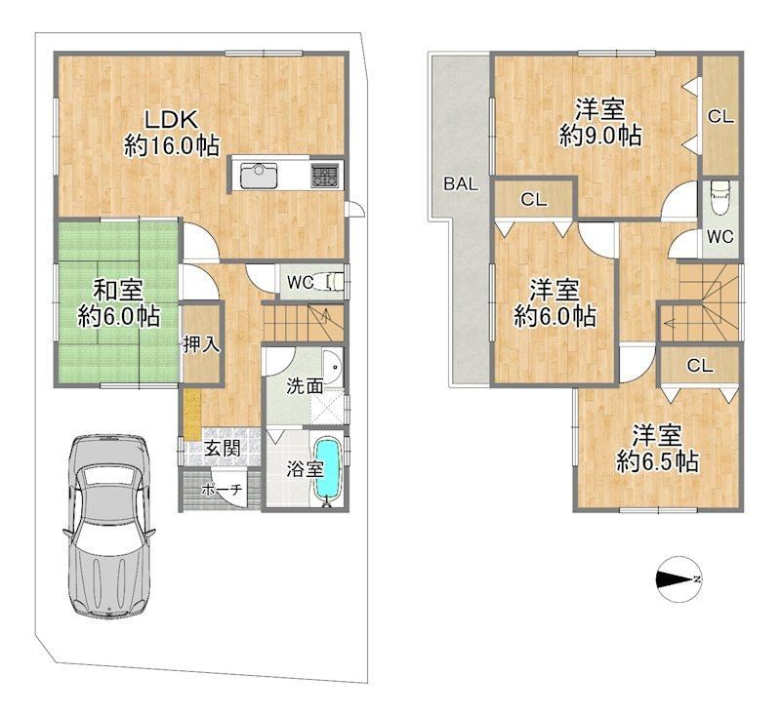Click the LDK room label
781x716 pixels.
[172, 120]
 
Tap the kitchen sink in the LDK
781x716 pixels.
[259, 176]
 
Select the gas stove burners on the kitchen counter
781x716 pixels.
[325, 176]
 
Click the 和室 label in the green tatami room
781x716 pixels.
[118, 290]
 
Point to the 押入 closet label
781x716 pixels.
[201, 344]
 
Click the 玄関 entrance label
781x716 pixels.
[223, 449]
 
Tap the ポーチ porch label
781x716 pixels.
[222, 490]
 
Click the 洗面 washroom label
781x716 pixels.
[305, 385]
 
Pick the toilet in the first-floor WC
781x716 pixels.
[335, 282]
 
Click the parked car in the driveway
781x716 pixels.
[108, 527]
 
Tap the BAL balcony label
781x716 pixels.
[461, 184]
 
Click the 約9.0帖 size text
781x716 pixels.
[600, 136]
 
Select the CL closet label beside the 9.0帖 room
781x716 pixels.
[720, 117]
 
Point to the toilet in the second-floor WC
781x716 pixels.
[720, 198]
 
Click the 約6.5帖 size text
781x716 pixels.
[657, 461]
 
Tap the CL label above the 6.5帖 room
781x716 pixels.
[700, 366]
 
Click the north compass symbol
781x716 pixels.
[678, 578]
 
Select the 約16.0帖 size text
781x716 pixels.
[172, 146]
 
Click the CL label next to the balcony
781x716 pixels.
[534, 200]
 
